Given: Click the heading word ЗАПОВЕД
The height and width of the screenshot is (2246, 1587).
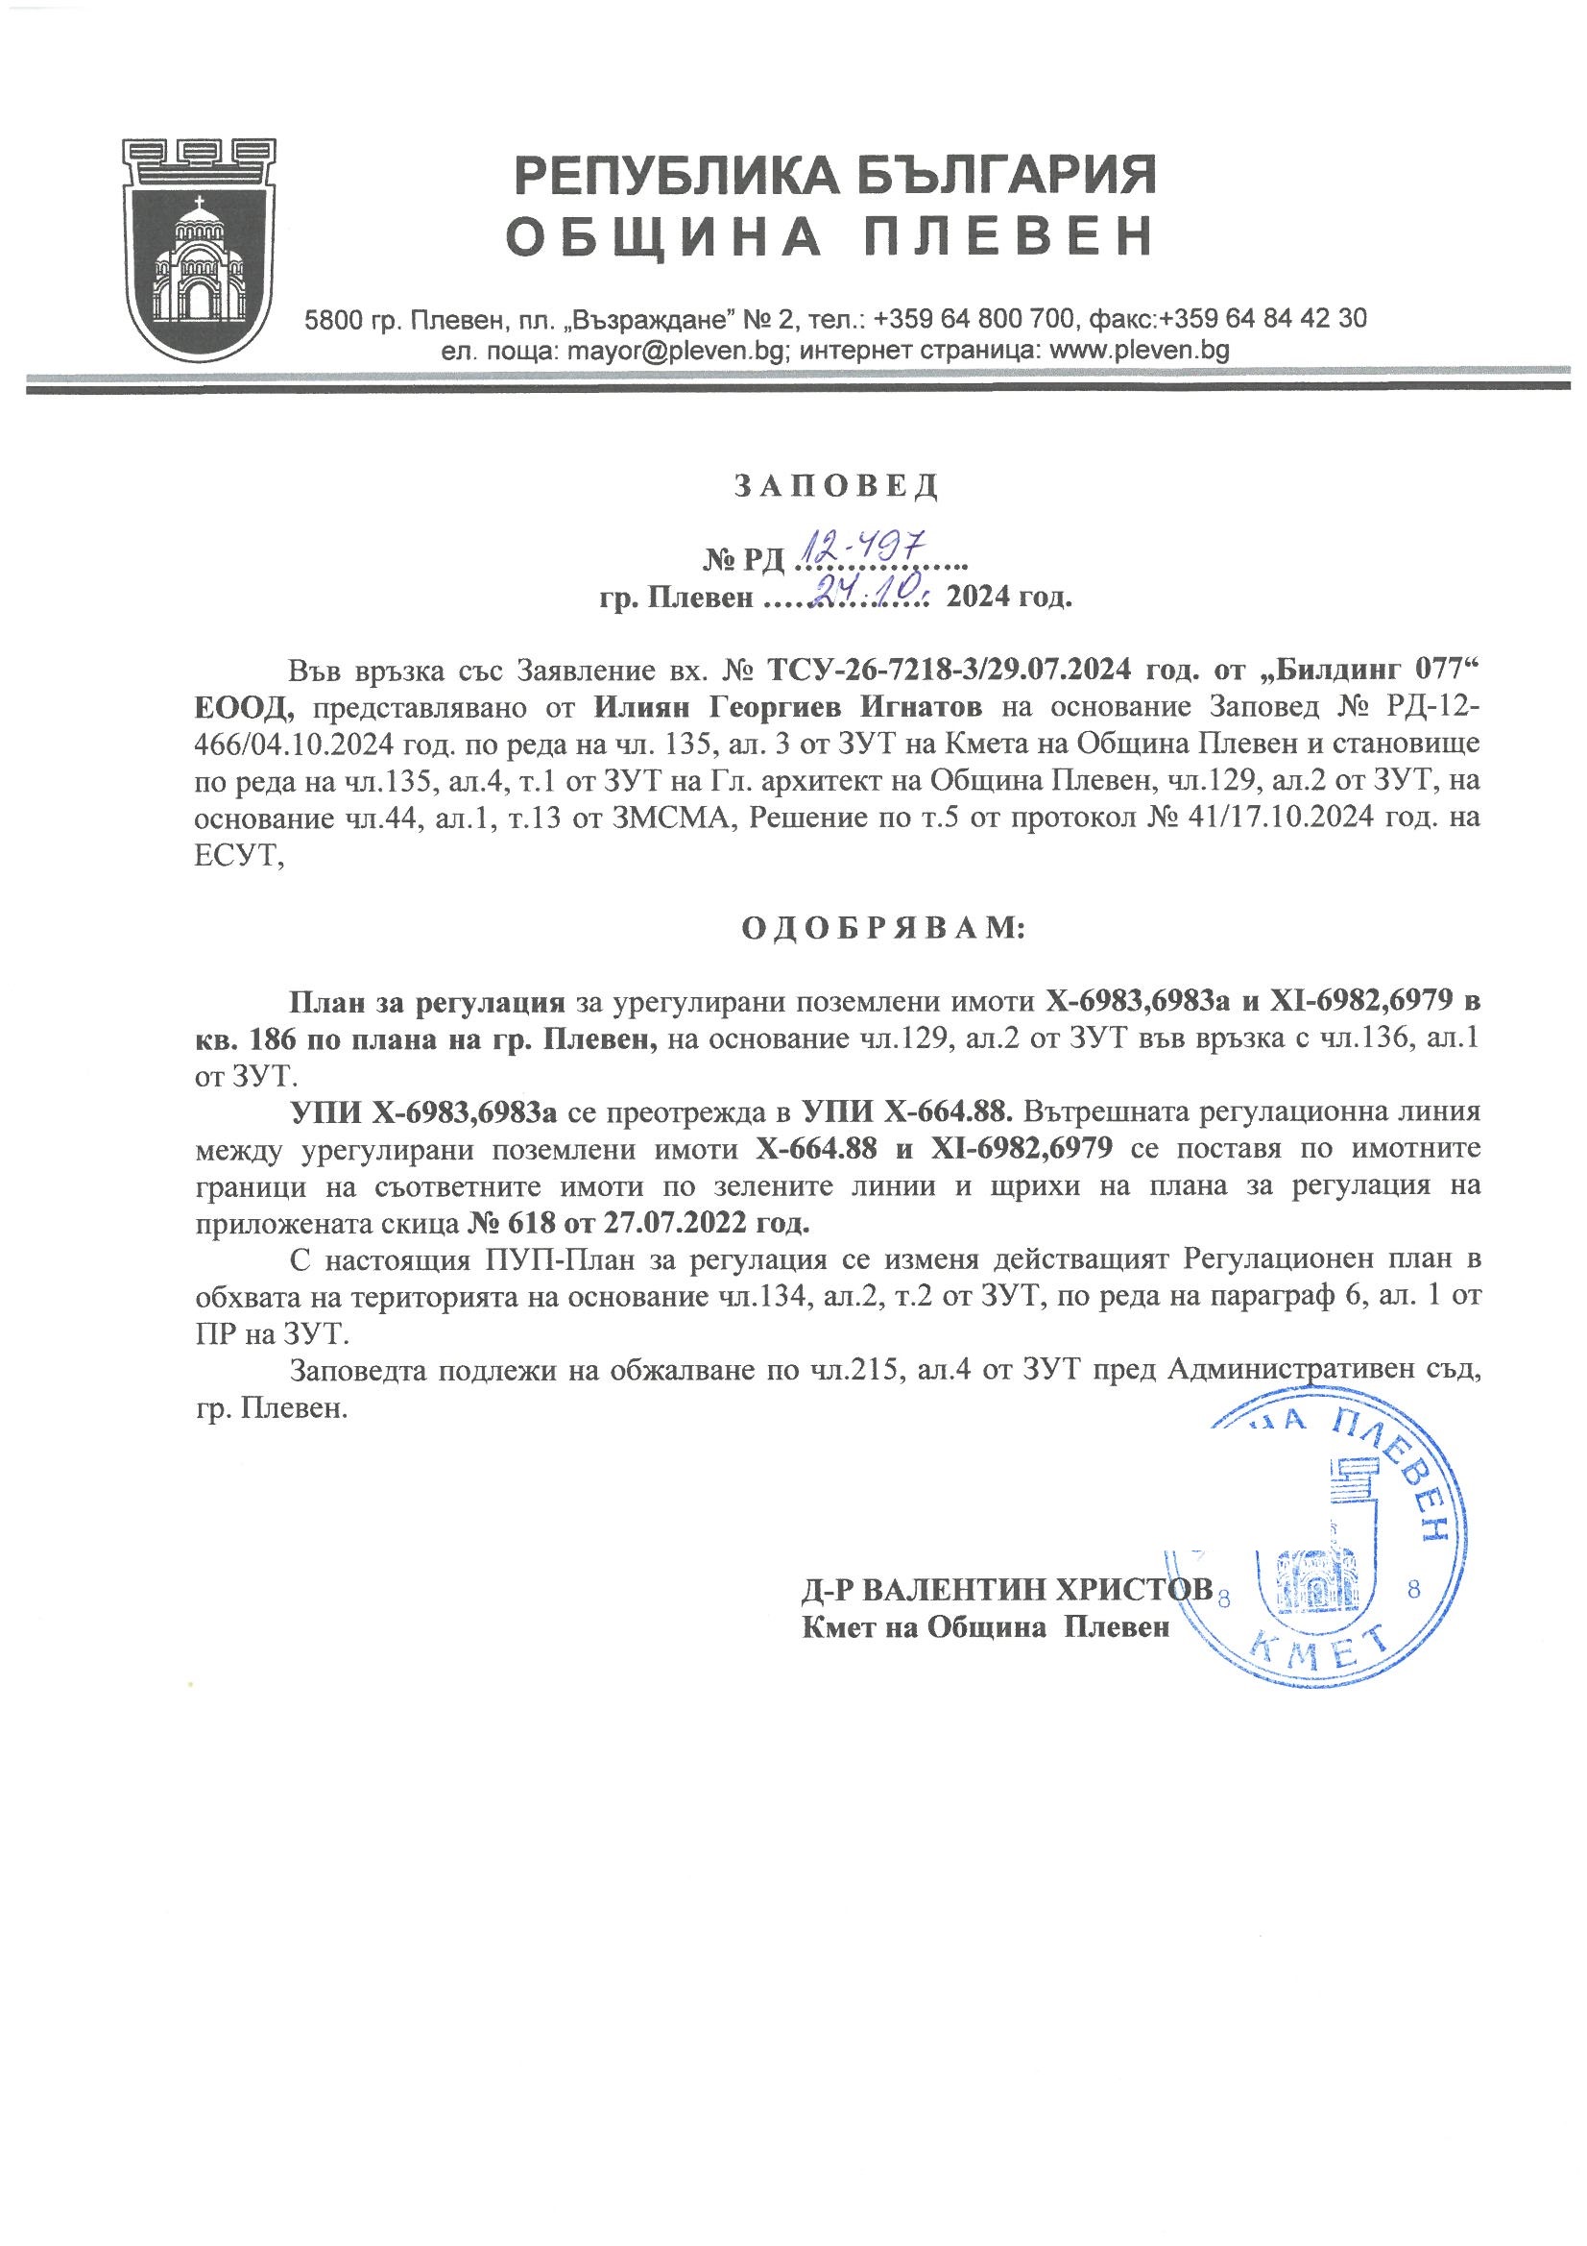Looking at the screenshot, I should point(835,485).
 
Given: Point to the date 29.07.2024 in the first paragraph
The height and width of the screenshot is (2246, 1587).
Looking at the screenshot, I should point(1056,671).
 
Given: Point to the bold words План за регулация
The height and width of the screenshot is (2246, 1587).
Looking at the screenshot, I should point(427,1002).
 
